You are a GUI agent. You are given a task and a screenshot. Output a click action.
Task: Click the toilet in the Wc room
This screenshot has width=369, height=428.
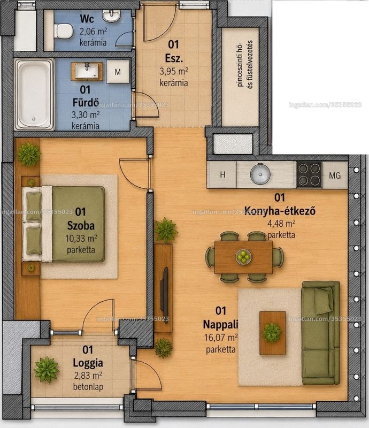coord(63,30)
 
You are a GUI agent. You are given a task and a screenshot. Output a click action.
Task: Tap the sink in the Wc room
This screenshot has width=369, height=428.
coord(111,16)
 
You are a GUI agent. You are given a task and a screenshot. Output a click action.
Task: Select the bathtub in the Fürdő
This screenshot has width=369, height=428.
coord(34,95)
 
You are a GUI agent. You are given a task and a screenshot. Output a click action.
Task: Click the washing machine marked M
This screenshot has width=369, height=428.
coord(118,72)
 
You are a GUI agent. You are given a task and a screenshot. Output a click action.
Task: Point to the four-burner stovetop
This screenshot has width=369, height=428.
coord(309,175)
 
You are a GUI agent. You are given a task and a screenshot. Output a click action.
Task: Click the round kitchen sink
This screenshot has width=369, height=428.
coord(260,174)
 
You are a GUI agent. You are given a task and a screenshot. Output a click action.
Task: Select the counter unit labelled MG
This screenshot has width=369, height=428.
coord(335,175)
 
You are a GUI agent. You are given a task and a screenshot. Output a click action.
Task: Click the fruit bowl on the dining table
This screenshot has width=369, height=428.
coord(243,257)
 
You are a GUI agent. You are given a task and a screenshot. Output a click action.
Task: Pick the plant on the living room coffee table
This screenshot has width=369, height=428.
coord(272,332)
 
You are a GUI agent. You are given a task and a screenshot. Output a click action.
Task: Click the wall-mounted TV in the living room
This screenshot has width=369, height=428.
coord(165,296)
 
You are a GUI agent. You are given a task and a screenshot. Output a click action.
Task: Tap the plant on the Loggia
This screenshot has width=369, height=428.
coord(47,369)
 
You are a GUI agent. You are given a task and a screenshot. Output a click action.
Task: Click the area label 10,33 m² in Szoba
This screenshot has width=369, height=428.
coord(81,238)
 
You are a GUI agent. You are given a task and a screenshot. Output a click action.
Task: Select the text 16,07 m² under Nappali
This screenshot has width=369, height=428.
coord(221,338)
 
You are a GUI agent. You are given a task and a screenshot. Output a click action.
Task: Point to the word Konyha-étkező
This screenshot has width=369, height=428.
coord(280,211)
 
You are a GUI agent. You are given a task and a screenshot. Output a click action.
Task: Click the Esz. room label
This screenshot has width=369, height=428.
coord(174,58)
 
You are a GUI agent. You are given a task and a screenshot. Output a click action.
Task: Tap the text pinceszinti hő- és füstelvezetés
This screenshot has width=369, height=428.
coord(245,64)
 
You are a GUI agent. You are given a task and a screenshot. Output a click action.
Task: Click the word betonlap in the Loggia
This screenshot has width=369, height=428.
coord(88,386)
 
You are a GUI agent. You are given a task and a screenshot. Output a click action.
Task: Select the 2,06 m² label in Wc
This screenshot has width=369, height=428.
coord(93,32)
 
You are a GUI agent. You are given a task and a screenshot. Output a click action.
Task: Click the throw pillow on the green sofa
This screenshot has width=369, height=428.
coord(324,301)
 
